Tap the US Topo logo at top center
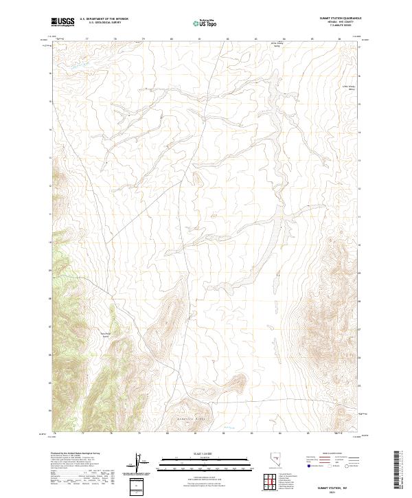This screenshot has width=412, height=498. point(206,23)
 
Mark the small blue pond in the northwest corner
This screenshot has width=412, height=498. point(77,66)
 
